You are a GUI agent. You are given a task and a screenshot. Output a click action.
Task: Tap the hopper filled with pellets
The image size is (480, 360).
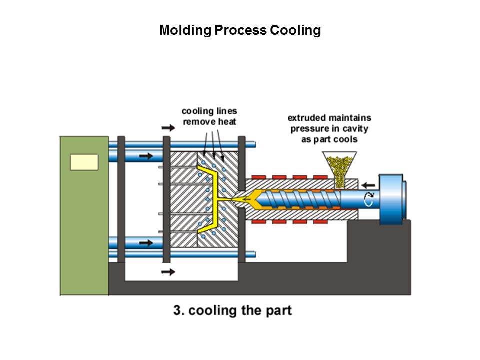(x=339, y=164)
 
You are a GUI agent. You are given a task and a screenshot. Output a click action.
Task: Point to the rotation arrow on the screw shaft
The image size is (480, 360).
(x=369, y=200)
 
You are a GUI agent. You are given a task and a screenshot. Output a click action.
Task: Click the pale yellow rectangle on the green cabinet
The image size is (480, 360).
(x=84, y=162)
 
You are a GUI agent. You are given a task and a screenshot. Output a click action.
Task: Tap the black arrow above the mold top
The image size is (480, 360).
(x=169, y=128)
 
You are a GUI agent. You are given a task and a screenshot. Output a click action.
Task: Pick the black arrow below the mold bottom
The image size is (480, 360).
(x=169, y=272)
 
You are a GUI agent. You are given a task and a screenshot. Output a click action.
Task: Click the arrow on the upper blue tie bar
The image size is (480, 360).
(x=146, y=156)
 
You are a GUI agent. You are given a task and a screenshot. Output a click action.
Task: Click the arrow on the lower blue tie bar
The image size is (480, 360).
(x=146, y=243)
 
